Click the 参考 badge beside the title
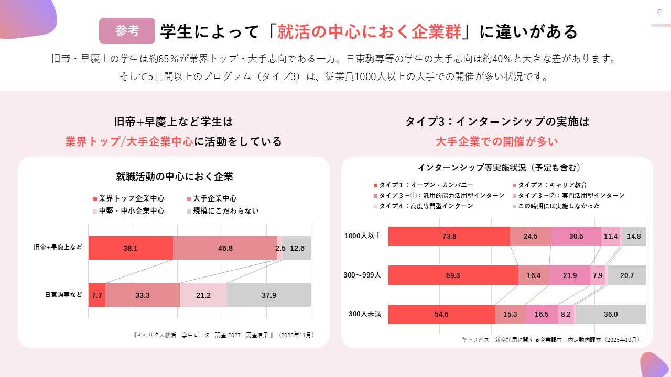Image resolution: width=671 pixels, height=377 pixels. (x=127, y=31)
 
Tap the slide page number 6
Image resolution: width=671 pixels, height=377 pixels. (x=659, y=13)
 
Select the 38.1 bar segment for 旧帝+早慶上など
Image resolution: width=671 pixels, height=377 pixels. (x=131, y=248)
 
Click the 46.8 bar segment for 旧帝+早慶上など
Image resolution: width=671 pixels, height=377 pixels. (x=225, y=248)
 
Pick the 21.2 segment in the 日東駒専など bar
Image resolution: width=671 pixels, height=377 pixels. (x=203, y=295)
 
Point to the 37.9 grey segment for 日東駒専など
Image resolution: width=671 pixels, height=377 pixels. (x=269, y=295)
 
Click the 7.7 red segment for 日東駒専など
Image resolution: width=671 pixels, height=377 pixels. (x=97, y=295)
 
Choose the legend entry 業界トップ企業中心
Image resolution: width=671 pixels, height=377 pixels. (x=128, y=198)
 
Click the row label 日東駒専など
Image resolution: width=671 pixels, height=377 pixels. (x=63, y=295)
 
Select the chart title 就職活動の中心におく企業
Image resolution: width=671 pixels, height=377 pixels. (x=174, y=176)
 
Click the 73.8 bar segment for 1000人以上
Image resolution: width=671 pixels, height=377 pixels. (x=449, y=236)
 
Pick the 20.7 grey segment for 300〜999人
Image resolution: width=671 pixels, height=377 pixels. (x=626, y=275)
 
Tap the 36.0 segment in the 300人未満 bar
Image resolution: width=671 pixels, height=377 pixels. (x=610, y=314)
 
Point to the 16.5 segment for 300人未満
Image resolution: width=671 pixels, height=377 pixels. (x=542, y=314)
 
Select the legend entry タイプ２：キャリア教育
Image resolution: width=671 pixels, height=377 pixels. (x=548, y=185)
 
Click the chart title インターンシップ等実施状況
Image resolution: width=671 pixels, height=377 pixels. (x=499, y=168)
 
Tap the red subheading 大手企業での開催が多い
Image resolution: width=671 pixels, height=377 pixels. (x=497, y=141)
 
